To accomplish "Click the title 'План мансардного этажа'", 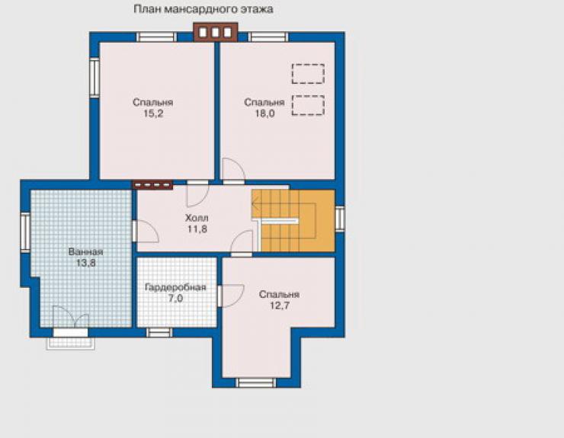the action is (x=203, y=9).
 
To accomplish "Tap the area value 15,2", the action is (x=153, y=114).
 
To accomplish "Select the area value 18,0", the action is (x=264, y=114).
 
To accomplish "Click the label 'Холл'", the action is (x=197, y=218).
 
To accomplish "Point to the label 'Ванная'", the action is (x=85, y=251).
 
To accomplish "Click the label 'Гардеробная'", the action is (x=175, y=287).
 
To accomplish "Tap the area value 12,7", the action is (x=280, y=306).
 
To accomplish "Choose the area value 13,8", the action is (x=85, y=264).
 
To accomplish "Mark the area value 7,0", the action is (x=175, y=299).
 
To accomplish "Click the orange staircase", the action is (x=293, y=221).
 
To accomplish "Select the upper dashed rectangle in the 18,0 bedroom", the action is (x=308, y=74).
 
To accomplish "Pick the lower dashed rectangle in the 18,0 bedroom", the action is (x=308, y=105).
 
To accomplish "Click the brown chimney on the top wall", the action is (x=216, y=32).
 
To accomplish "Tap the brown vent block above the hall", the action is (x=152, y=185).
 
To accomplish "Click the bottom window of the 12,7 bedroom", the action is (x=256, y=382).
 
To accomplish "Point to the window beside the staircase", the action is (x=340, y=219).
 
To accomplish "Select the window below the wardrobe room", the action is (x=159, y=333).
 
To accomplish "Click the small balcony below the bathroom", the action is (x=71, y=339).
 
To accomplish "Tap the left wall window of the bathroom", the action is (x=25, y=232).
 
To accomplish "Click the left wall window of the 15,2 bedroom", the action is (x=95, y=77).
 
